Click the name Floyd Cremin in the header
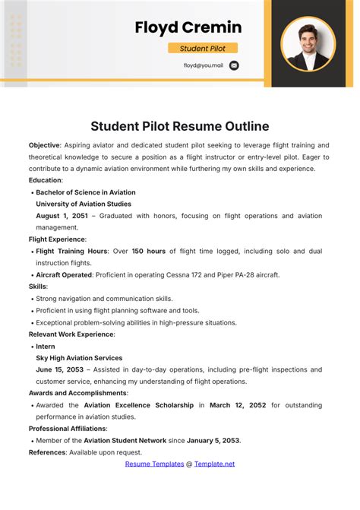188,28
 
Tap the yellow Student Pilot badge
202,49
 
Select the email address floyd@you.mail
203,65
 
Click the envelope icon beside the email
234,65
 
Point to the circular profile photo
308,43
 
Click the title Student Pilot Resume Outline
180,126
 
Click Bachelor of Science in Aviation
86,192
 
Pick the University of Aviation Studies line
84,204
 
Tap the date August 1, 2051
62,216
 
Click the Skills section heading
38,287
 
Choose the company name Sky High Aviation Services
79,358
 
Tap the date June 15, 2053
60,369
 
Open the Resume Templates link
154,464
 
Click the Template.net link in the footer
215,464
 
